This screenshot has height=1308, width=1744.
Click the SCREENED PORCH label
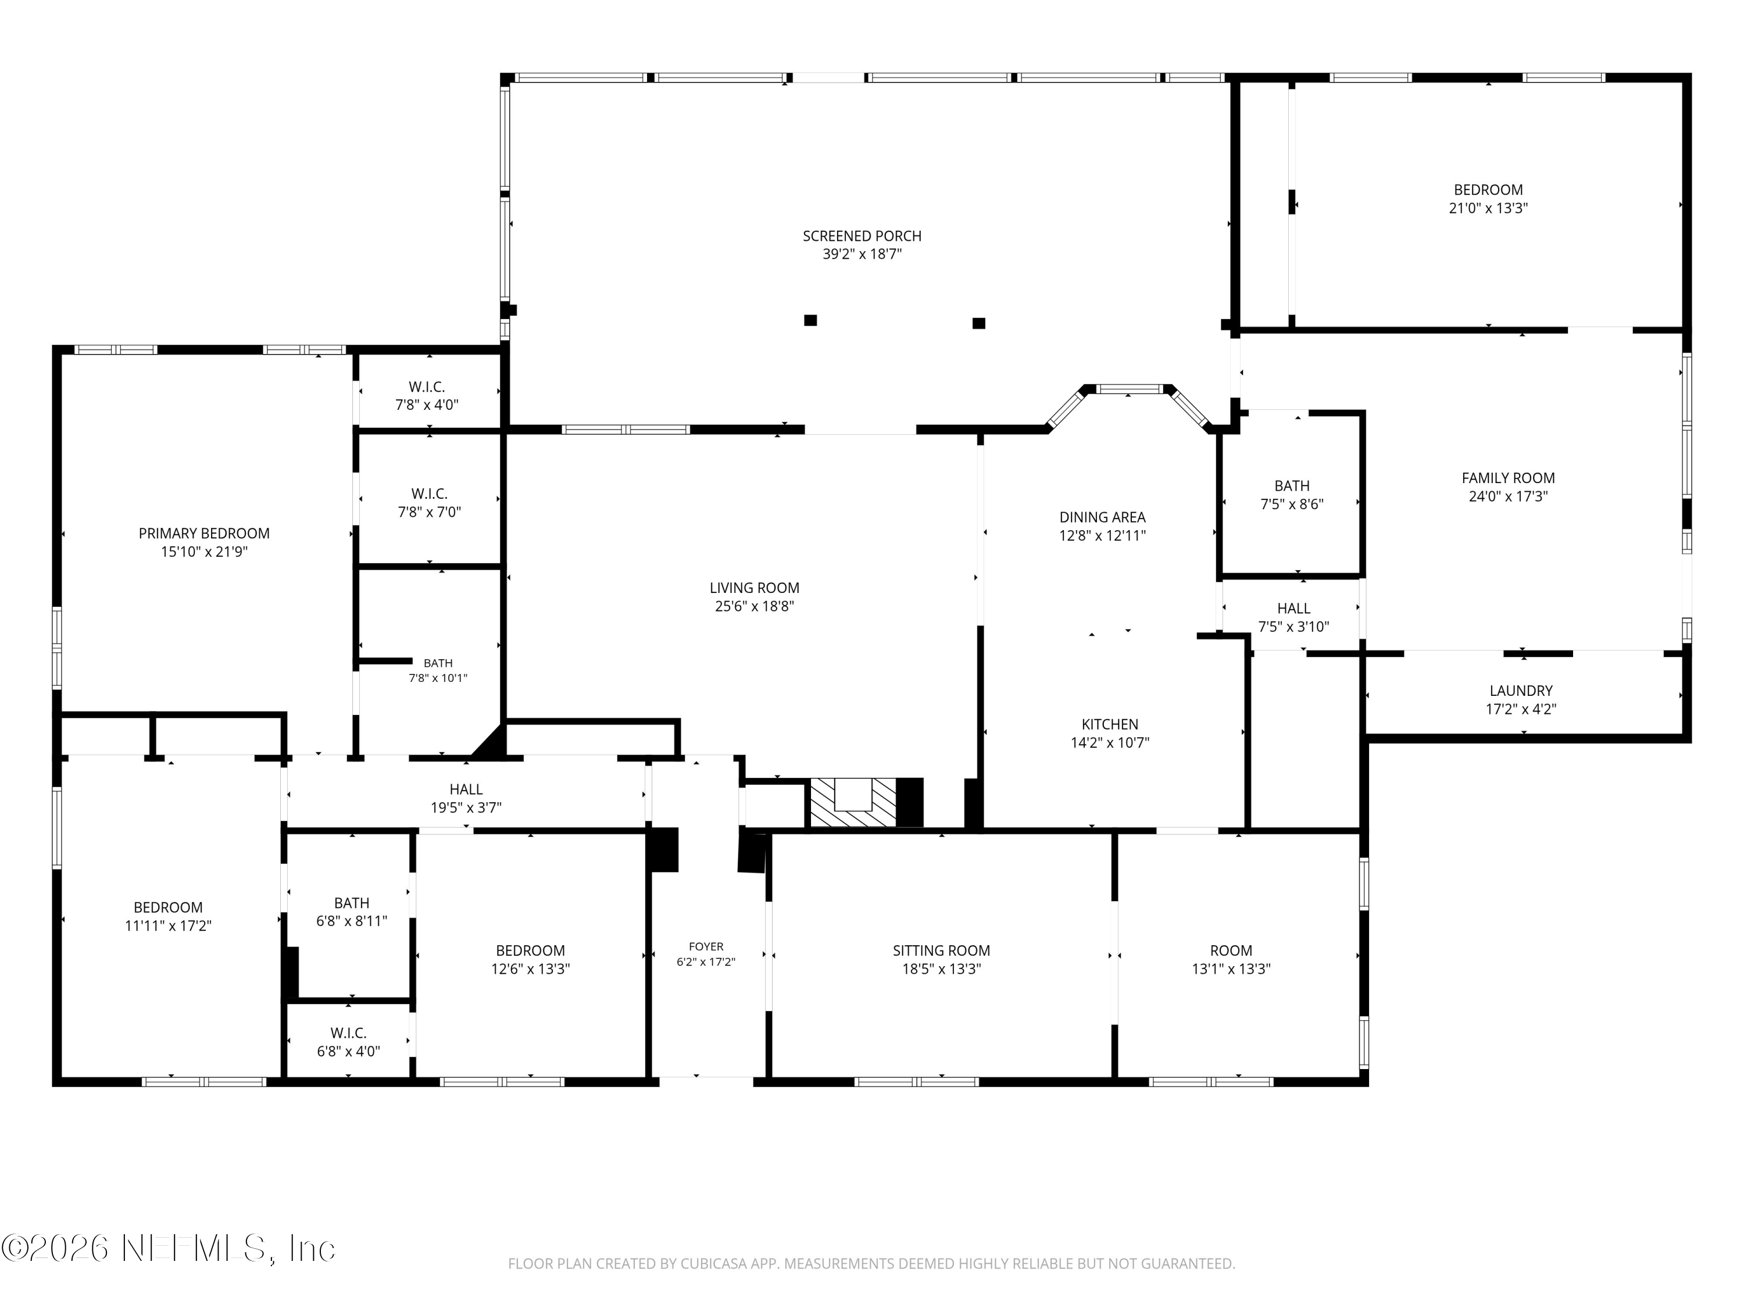point(862,236)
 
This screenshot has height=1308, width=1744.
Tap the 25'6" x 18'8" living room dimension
point(755,606)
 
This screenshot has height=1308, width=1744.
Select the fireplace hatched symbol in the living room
point(853,803)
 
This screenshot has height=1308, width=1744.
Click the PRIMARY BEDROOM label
point(204,534)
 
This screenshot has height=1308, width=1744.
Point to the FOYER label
point(706,946)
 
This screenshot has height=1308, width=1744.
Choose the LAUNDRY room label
point(1521,691)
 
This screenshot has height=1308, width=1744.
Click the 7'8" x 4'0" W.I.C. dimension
point(427,405)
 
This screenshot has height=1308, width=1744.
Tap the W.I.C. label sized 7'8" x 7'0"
point(429,494)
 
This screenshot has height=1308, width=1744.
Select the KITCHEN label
point(1109,724)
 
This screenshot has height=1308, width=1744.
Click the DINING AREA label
point(1102,517)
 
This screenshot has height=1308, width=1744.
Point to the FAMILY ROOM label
point(1508,478)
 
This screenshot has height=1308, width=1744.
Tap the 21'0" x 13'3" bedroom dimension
point(1489,208)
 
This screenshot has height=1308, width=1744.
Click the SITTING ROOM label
point(941,951)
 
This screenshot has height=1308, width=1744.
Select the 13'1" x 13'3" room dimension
point(1231,969)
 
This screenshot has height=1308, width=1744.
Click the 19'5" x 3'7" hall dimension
point(466,807)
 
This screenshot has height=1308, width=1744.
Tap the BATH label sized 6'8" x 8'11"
point(352,903)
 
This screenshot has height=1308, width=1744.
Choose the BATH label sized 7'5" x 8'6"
point(1292,485)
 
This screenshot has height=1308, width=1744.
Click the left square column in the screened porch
point(810,320)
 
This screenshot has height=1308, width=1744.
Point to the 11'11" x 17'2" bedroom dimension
point(168,925)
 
